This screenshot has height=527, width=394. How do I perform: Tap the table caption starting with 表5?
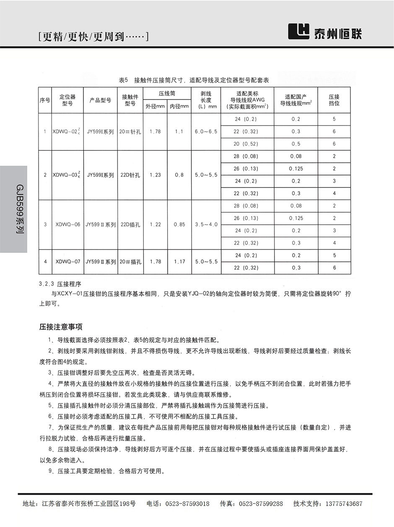pos(194,80)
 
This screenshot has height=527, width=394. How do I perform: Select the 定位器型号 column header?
pos(67,100)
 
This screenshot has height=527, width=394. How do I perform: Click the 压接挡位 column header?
pos(334,100)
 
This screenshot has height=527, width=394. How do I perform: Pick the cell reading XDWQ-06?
pos(67,225)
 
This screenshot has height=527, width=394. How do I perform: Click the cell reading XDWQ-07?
pos(67,262)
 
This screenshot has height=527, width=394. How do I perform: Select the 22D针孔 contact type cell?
pos(130,175)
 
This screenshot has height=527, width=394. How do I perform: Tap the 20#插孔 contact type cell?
pos(130,262)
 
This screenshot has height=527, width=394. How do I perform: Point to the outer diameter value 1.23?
pos(155,175)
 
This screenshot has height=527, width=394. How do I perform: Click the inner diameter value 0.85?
pos(179,225)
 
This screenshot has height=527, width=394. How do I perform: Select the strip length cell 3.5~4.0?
pos(206,225)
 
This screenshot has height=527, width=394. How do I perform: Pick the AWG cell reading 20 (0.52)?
pos(247,144)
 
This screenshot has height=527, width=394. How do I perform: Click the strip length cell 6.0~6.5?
pos(206,132)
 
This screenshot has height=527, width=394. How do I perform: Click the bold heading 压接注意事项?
pos(61,327)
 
